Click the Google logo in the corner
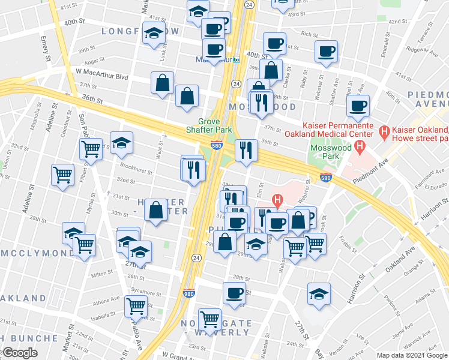(19, 353)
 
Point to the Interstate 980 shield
(188, 293)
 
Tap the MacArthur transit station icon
(237, 59)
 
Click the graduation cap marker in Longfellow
(154, 35)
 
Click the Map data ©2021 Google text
(412, 355)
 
